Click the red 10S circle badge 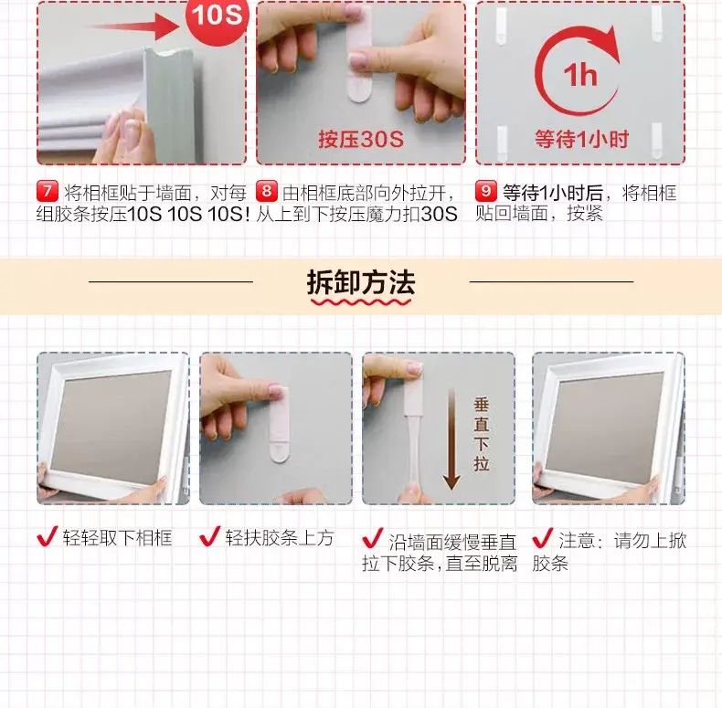click(217, 18)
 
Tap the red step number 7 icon click(48, 191)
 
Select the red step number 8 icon click(267, 191)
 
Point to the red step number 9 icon click(486, 191)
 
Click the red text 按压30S click(361, 139)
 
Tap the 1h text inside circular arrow click(580, 75)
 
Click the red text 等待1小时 click(581, 139)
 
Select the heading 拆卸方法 click(361, 282)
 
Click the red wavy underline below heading click(361, 302)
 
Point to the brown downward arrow click(451, 439)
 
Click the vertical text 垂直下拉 click(481, 434)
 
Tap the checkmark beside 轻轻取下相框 click(48, 536)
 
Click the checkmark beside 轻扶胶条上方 click(210, 536)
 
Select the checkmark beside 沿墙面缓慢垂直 click(373, 539)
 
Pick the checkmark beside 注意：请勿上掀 click(543, 538)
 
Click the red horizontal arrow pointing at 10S click(133, 26)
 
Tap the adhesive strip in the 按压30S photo click(359, 54)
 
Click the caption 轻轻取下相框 click(117, 538)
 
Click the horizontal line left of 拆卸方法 click(171, 281)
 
